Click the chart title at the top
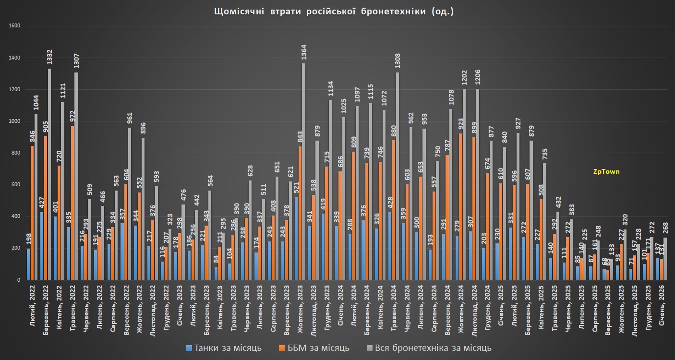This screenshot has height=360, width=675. (333, 12)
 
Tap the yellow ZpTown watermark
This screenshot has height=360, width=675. (607, 171)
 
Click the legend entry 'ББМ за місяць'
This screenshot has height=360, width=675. (315, 348)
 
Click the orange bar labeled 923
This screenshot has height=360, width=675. (460, 206)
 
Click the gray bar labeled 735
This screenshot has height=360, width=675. (545, 221)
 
